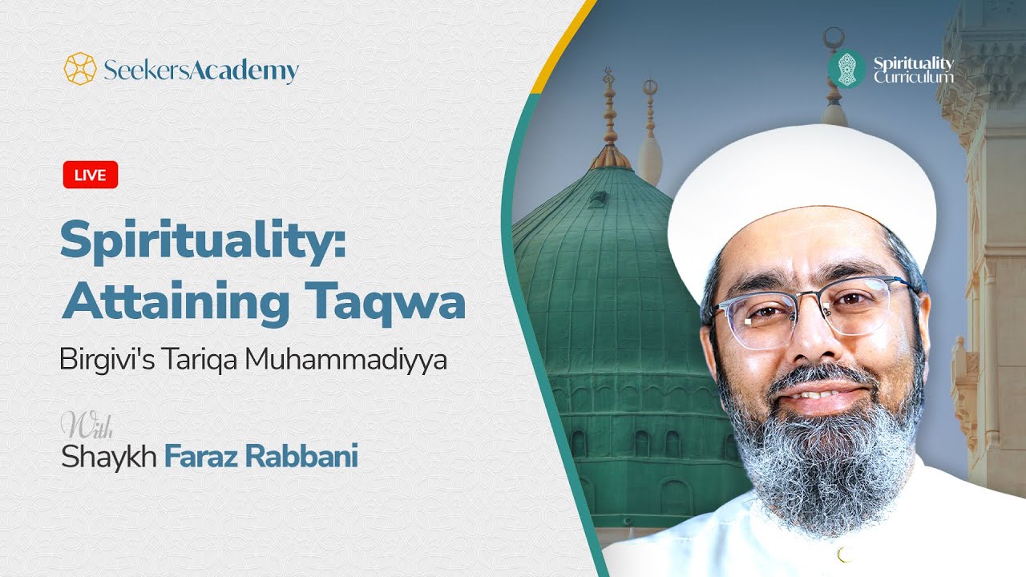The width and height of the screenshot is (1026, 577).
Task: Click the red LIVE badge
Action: pyautogui.click(x=91, y=175)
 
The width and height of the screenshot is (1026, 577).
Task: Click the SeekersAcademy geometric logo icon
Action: pyautogui.click(x=80, y=69)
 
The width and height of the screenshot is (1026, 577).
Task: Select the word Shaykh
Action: pyautogui.click(x=109, y=456)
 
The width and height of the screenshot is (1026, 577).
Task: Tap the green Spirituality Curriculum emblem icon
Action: pyautogui.click(x=846, y=70)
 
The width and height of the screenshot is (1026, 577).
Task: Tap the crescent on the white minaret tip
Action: pyautogui.click(x=834, y=36)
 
